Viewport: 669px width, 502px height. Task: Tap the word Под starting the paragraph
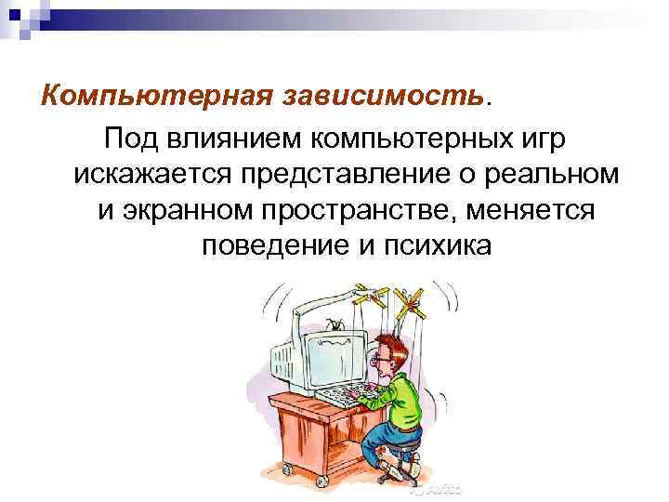click(133, 141)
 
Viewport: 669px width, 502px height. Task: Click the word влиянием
click(232, 141)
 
